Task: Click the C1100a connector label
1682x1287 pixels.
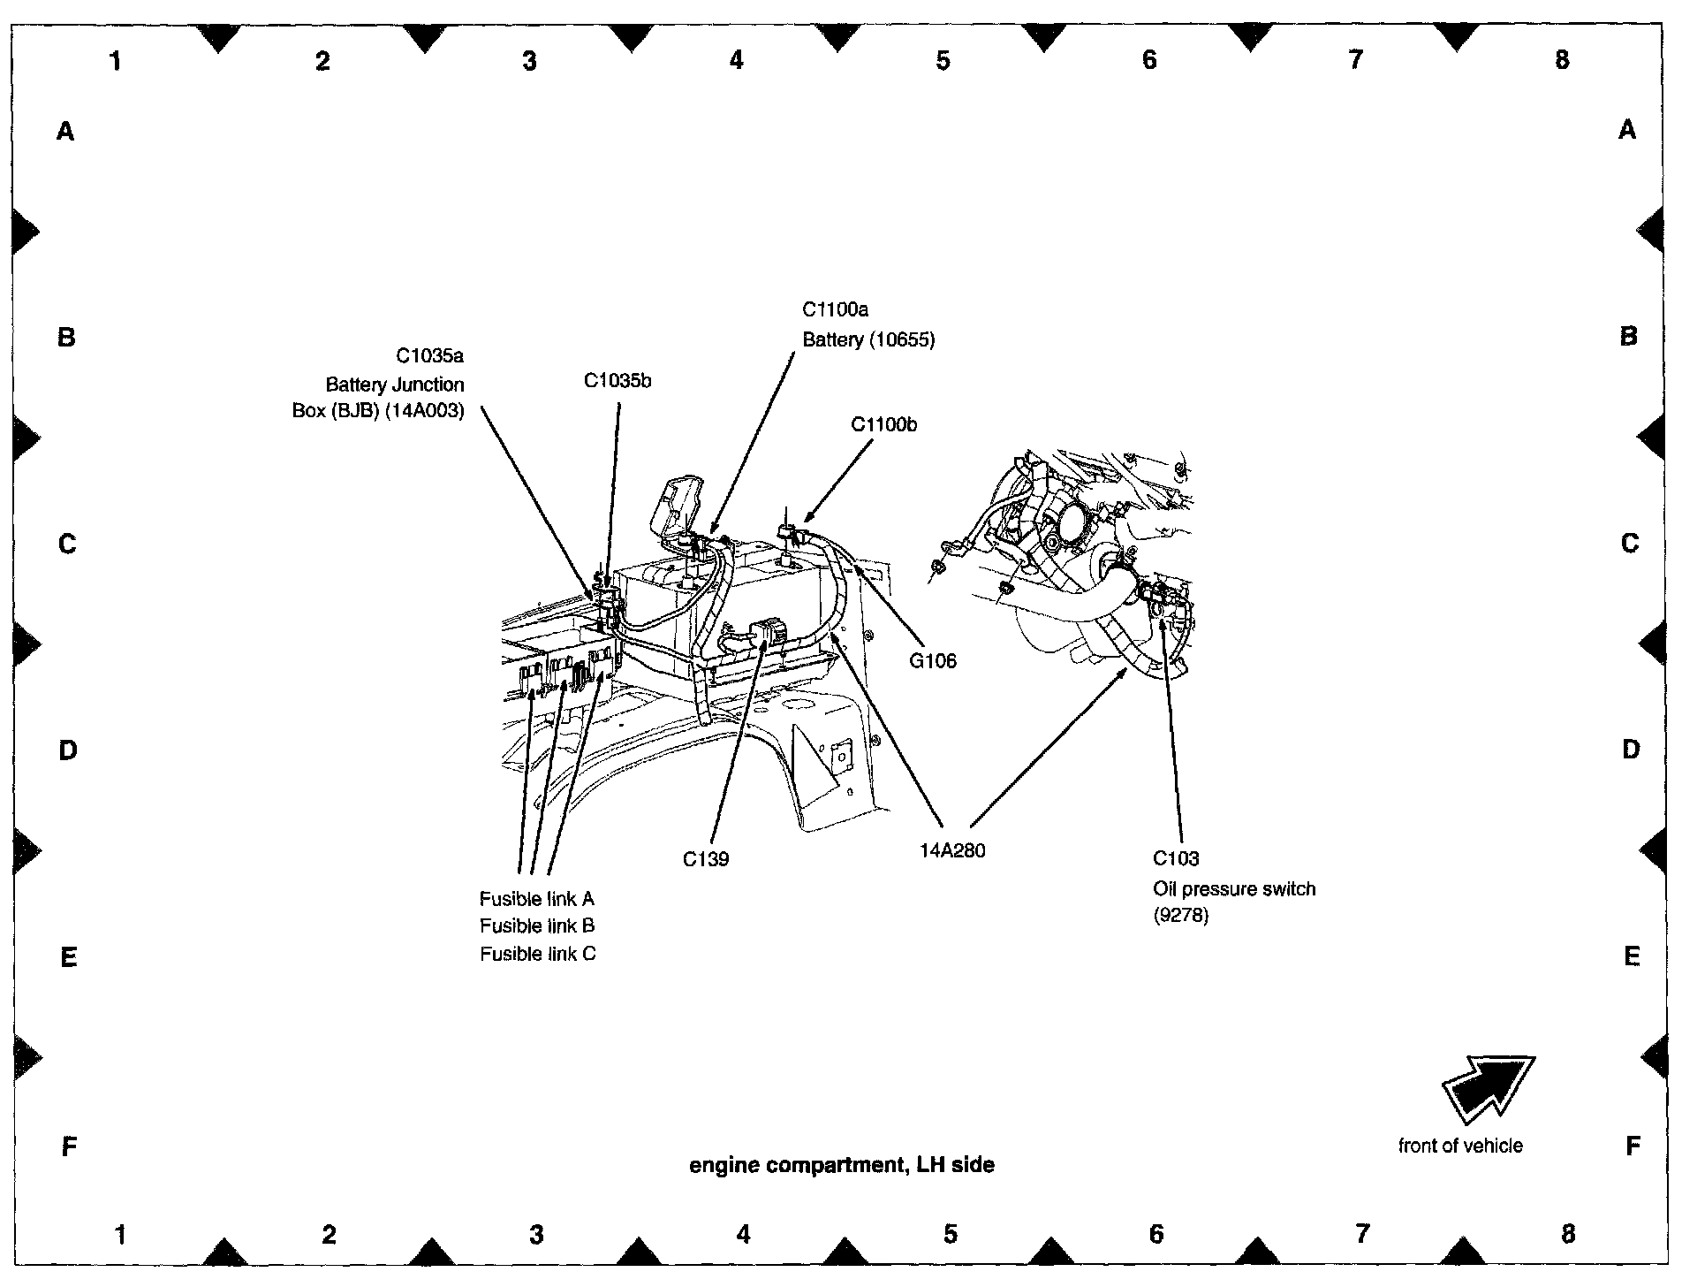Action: coord(835,309)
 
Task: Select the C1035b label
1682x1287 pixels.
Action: coord(617,381)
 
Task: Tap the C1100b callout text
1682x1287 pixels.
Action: coord(883,424)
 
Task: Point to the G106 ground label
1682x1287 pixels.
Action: coord(933,660)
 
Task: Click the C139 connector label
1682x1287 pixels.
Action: coord(706,858)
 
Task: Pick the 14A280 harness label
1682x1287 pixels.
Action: coord(952,851)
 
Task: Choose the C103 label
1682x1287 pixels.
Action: coord(1176,858)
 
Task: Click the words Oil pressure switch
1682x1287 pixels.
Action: coord(1234,888)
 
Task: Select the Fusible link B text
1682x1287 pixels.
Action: coord(537,925)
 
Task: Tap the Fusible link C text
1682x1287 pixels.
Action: coord(537,954)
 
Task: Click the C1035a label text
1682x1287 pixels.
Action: coord(429,355)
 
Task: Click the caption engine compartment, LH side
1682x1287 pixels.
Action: coord(841,1165)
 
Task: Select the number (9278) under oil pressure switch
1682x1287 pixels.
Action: coord(1180,916)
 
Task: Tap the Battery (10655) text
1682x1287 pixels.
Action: coord(868,339)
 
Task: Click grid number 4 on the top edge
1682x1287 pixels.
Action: coord(736,59)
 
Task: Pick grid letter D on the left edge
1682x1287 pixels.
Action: coord(67,750)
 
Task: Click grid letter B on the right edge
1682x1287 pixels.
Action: coord(1628,337)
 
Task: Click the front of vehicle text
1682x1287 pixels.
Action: coord(1460,1146)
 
